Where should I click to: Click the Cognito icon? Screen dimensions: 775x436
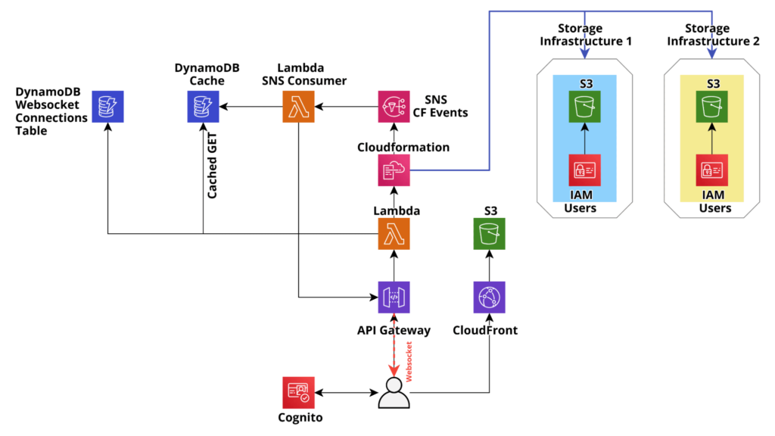(x=298, y=393)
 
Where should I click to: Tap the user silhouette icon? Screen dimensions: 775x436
(x=394, y=393)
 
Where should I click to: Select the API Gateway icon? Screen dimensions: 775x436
(x=394, y=297)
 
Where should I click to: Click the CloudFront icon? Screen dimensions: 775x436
(x=490, y=297)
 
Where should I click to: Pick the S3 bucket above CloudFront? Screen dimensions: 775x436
(x=490, y=234)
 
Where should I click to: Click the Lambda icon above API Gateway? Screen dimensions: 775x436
(x=394, y=234)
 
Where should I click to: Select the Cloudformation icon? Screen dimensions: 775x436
(x=394, y=170)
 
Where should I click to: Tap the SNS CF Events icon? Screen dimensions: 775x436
(x=394, y=106)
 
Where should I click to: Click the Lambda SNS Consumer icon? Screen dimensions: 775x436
(x=298, y=106)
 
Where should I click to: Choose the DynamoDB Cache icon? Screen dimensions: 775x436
(x=203, y=106)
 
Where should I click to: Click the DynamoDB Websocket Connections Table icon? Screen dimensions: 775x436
(x=107, y=106)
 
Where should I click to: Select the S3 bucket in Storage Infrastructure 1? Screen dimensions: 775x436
(x=585, y=106)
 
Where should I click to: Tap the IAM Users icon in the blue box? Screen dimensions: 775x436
(x=585, y=170)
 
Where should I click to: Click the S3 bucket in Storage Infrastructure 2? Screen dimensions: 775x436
(x=711, y=106)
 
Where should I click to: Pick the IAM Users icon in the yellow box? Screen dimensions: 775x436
(x=711, y=170)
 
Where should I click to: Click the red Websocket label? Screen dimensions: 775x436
(x=409, y=361)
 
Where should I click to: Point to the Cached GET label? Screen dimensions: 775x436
(x=212, y=166)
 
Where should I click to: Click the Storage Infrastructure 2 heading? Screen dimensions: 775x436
(x=713, y=35)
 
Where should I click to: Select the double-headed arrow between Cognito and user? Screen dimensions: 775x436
(x=347, y=393)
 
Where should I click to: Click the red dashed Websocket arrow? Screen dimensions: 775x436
(x=394, y=345)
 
